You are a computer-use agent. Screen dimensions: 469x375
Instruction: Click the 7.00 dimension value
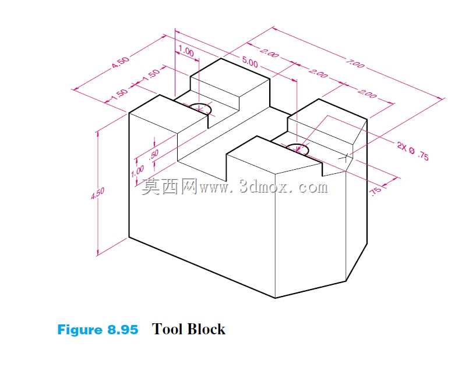click(355, 63)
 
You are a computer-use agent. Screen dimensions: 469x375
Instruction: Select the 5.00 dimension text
click(250, 62)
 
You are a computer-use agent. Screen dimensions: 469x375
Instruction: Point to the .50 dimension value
click(153, 154)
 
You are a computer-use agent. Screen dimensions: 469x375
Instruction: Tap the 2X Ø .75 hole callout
click(412, 151)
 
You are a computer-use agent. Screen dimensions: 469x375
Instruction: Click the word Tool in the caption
click(168, 329)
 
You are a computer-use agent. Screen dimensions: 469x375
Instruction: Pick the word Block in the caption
click(207, 329)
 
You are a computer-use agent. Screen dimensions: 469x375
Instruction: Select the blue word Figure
click(80, 330)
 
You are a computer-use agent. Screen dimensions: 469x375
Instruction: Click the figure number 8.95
click(122, 330)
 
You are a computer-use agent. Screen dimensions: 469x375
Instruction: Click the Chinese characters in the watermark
click(169, 187)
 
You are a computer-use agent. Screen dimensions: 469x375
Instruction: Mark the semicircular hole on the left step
click(200, 108)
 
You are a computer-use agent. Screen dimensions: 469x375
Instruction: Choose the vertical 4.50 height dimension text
click(97, 192)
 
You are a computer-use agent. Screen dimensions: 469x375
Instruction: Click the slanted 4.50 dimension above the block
click(121, 62)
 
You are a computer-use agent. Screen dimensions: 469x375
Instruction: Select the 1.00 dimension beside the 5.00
click(186, 51)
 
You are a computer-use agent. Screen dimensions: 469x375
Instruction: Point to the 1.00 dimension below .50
click(137, 171)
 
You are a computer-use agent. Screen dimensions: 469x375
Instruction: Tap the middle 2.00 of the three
click(318, 73)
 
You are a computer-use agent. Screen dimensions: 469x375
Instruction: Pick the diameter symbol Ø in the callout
click(412, 151)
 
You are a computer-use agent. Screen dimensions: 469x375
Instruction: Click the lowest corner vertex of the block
click(275, 298)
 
